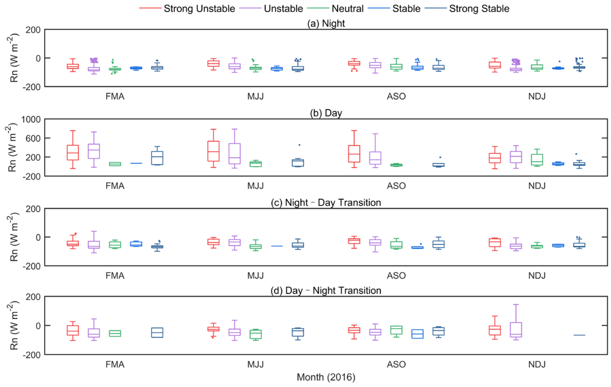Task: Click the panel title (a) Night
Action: tap(326, 23)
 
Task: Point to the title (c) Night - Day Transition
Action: tap(326, 203)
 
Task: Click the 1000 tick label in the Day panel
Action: tap(31, 119)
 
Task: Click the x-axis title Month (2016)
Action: tap(326, 377)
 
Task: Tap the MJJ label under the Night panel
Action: tap(255, 96)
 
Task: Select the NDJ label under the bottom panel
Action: tap(537, 364)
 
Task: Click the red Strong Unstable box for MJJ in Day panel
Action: tap(213, 151)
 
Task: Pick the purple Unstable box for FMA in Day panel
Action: tap(94, 151)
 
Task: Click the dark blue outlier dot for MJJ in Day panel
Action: tap(299, 145)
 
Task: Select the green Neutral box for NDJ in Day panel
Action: tap(537, 159)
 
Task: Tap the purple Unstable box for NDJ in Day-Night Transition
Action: tap(516, 330)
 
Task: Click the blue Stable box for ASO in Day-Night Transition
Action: tap(417, 334)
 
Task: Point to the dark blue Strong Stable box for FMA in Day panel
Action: tap(157, 158)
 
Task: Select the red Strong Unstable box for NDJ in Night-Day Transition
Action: tap(495, 242)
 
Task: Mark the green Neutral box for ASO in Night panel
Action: tap(396, 67)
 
